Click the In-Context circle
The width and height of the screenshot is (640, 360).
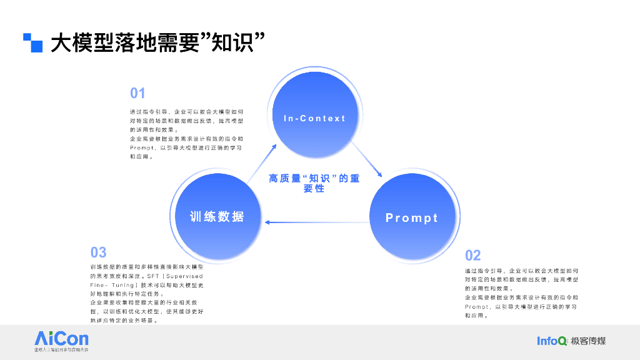tap(314, 118)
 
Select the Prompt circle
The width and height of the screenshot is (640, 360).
tap(411, 217)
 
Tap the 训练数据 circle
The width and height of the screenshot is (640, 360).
tap(216, 217)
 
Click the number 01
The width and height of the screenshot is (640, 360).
tap(137, 94)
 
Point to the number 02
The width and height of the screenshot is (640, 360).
tap(473, 255)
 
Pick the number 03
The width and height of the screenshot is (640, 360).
tap(99, 252)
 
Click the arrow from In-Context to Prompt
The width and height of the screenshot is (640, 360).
tap(367, 160)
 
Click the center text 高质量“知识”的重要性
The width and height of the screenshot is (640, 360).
tap(314, 183)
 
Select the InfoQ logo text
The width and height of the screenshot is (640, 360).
tap(552, 341)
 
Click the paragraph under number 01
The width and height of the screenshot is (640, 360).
tap(186, 134)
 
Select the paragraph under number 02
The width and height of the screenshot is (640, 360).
tap(521, 293)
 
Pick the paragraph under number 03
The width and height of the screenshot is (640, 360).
tap(147, 293)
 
